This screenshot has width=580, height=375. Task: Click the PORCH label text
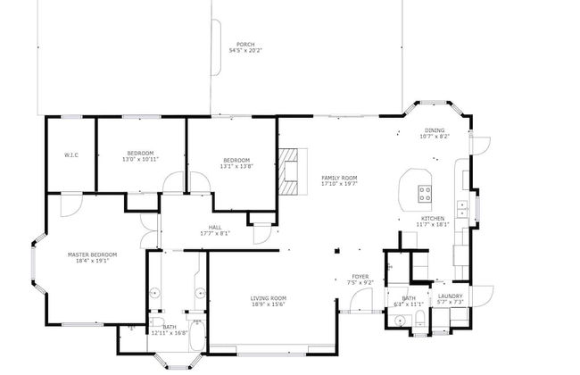point(244,45)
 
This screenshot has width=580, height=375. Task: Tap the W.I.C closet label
point(71,154)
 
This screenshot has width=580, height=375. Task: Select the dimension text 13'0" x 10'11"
point(140,160)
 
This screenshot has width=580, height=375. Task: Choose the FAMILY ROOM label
point(339,178)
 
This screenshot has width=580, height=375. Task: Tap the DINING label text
point(434,130)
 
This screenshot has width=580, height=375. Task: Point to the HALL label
point(214,227)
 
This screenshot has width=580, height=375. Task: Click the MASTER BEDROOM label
point(93,254)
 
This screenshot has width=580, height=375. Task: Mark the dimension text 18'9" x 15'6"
point(267,304)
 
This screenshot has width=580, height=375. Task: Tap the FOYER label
point(360,277)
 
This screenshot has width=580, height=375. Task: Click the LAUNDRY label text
point(450,296)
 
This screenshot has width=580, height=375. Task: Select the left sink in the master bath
point(154,292)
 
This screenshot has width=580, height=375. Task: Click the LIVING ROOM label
point(268,298)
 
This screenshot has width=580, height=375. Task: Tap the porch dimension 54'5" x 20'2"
point(244,51)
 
